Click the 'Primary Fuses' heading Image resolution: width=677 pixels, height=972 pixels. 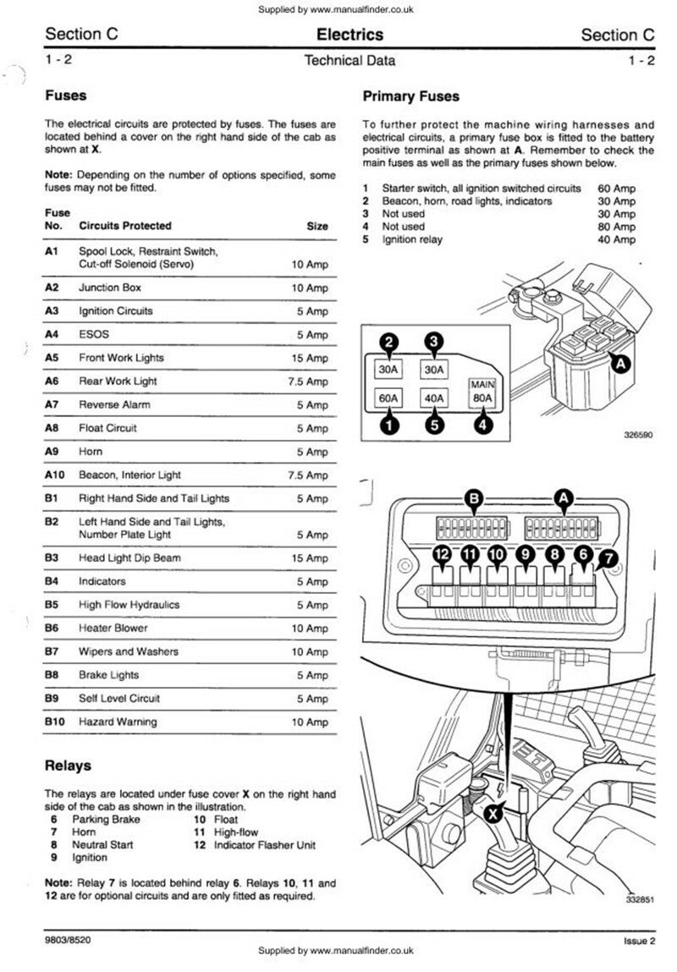click(410, 96)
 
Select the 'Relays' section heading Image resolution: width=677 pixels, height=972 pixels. click(68, 766)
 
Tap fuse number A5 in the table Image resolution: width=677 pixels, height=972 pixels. click(52, 358)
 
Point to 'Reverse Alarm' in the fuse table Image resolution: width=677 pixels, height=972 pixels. click(111, 404)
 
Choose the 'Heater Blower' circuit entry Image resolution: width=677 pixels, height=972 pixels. click(113, 629)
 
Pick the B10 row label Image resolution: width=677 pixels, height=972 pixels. click(53, 722)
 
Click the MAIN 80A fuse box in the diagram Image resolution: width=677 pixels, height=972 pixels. click(482, 394)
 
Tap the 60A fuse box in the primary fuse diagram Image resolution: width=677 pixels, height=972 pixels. click(388, 398)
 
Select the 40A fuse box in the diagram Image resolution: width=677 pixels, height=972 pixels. click(435, 398)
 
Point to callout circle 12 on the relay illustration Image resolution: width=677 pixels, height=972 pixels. click(443, 555)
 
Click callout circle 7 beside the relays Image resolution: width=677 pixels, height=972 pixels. click(608, 557)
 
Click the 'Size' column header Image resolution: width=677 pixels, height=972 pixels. click(317, 226)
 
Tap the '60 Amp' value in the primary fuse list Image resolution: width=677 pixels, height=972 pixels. click(616, 189)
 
